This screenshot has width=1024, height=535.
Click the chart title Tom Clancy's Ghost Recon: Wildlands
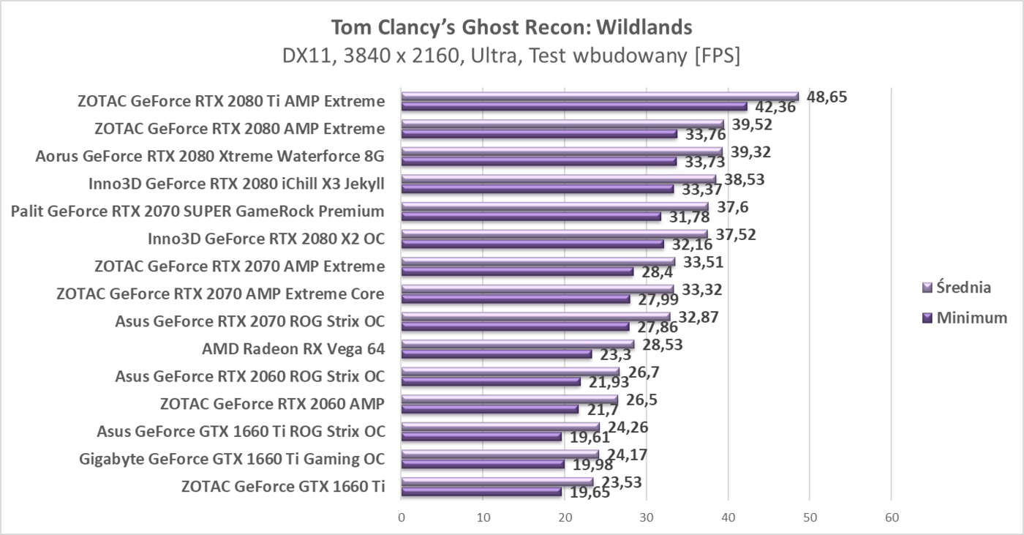pyautogui.click(x=511, y=27)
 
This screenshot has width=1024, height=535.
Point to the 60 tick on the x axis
pyautogui.click(x=891, y=517)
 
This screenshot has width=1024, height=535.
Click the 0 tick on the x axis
pyautogui.click(x=402, y=517)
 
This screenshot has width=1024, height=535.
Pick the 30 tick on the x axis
pyautogui.click(x=646, y=517)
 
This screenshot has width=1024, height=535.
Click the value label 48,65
pyautogui.click(x=827, y=97)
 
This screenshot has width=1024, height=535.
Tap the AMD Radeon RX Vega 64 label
pyautogui.click(x=293, y=348)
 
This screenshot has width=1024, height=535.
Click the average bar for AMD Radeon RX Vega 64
pyautogui.click(x=517, y=344)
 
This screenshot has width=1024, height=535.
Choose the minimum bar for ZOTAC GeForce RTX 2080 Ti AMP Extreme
pyautogui.click(x=574, y=106)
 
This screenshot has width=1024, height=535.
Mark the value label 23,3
pyautogui.click(x=614, y=356)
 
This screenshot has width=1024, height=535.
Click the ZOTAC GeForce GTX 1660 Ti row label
pyautogui.click(x=283, y=486)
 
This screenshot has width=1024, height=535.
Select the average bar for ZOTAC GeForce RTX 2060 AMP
pyautogui.click(x=509, y=400)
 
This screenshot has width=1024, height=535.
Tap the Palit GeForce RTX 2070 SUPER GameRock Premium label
pyautogui.click(x=197, y=212)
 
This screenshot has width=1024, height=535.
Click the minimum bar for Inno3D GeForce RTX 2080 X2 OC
pyautogui.click(x=532, y=244)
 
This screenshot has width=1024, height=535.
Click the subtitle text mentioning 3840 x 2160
pyautogui.click(x=511, y=56)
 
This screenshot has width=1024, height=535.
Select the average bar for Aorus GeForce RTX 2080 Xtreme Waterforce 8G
pyautogui.click(x=562, y=151)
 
